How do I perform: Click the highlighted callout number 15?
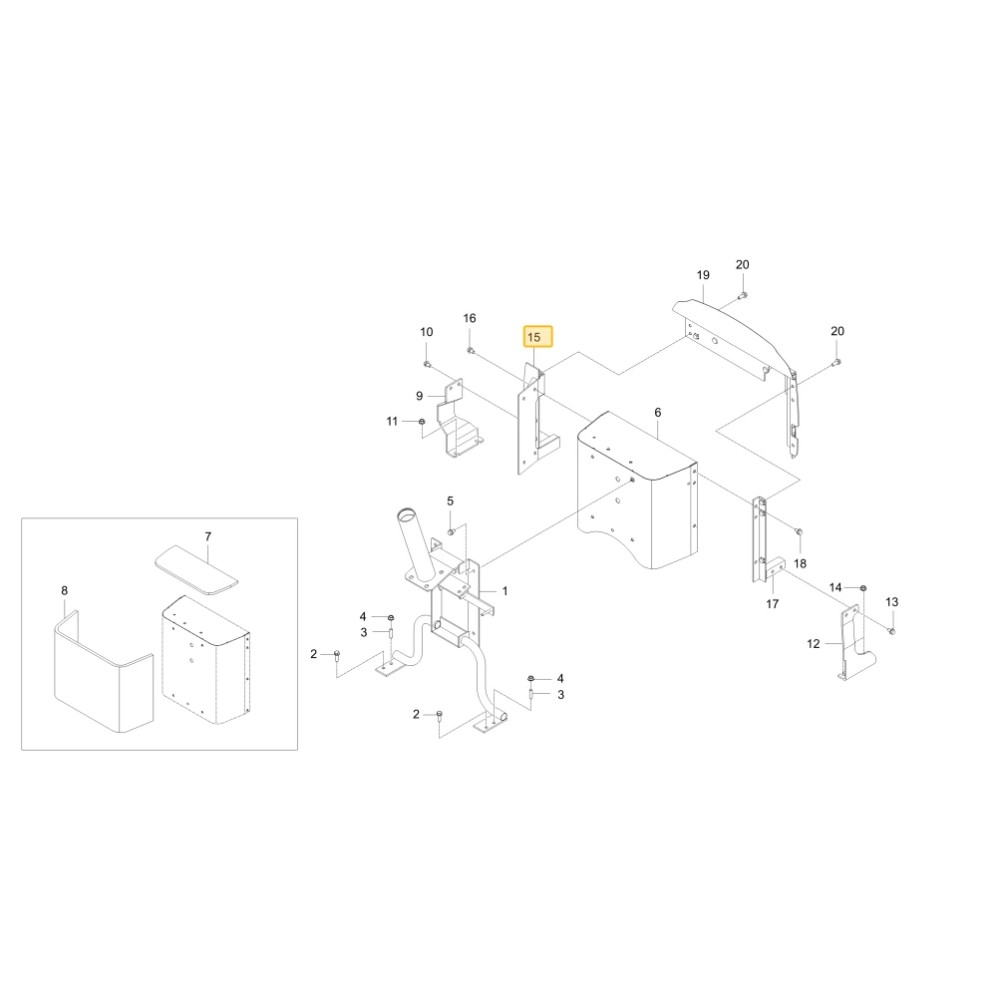pyautogui.click(x=533, y=337)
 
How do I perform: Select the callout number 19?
pyautogui.click(x=703, y=275)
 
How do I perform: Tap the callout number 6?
pyautogui.click(x=657, y=413)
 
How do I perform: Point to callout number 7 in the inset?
pyautogui.click(x=208, y=537)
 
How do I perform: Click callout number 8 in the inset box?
pyautogui.click(x=64, y=590)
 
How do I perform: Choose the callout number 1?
pyautogui.click(x=504, y=591)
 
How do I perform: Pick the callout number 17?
pyautogui.click(x=772, y=604)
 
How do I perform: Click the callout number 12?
pyautogui.click(x=814, y=644)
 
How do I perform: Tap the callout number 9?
pyautogui.click(x=419, y=396)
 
